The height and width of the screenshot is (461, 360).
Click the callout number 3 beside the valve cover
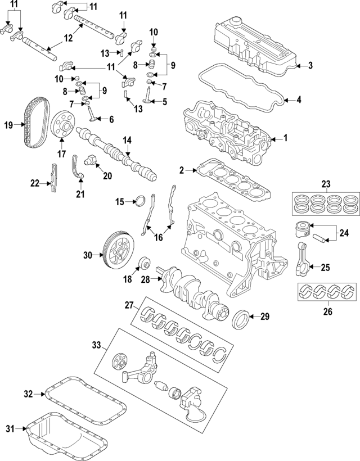click(310, 66)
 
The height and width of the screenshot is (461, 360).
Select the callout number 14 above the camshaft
click(128, 139)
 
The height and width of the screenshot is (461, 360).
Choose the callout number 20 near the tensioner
click(107, 176)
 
